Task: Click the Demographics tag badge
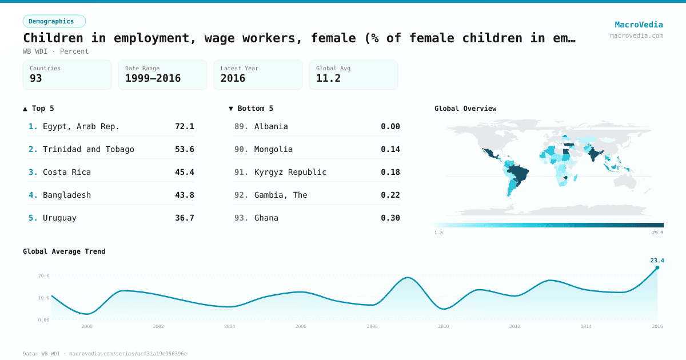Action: (54, 21)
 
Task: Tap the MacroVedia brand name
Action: (639, 25)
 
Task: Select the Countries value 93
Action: (36, 78)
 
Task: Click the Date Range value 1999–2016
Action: (153, 78)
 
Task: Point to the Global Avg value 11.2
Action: (328, 78)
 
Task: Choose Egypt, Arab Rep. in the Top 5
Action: (81, 126)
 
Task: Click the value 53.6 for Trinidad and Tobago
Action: (184, 149)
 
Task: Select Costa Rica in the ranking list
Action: (67, 172)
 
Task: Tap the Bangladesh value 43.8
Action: (184, 195)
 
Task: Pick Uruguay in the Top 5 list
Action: (59, 218)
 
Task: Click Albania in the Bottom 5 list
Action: (271, 126)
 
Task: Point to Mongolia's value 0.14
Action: (390, 149)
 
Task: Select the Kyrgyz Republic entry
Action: (290, 172)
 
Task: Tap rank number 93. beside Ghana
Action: (241, 218)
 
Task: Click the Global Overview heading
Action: (465, 109)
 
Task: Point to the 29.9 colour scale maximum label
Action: (657, 233)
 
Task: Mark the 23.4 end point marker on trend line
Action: (657, 267)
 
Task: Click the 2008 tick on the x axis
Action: (372, 326)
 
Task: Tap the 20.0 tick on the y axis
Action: (43, 275)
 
